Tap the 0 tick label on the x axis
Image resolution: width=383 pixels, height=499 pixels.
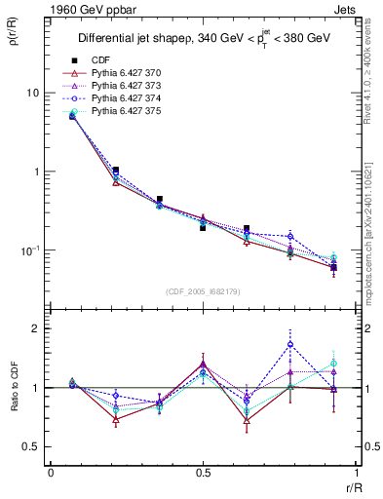click(x=51, y=473)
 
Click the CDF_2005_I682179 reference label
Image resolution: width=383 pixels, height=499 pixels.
click(x=202, y=291)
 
